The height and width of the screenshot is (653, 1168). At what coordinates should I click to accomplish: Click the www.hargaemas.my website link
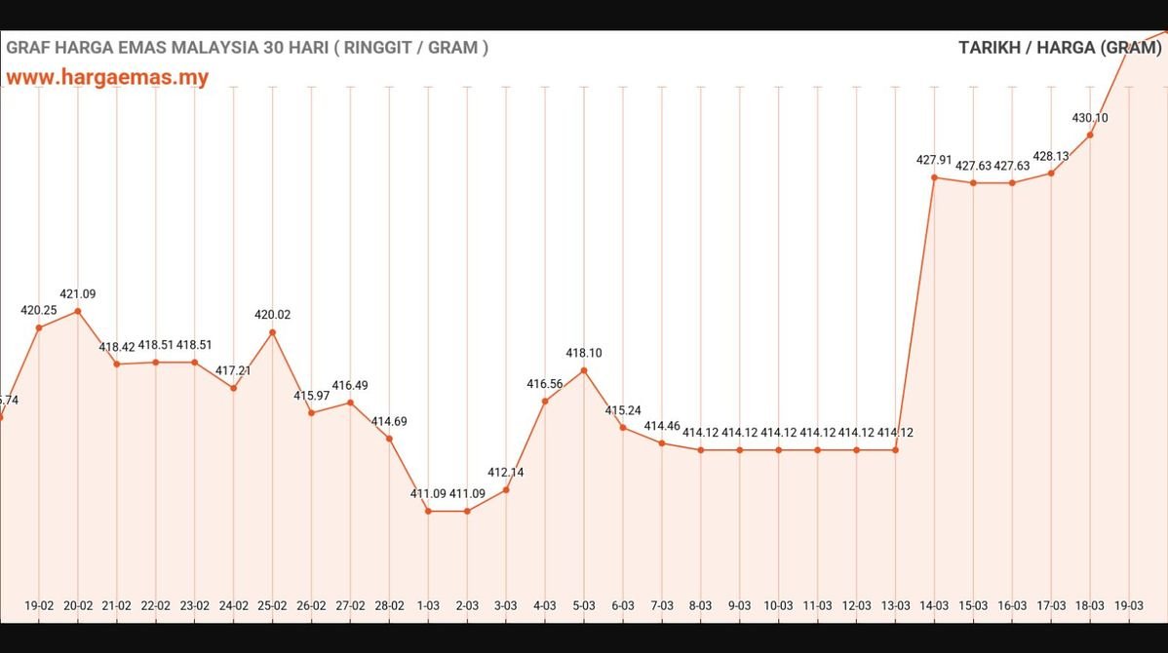107,78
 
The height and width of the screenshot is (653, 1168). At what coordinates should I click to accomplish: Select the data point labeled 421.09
78,311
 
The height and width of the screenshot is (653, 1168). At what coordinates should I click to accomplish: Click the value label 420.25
39,310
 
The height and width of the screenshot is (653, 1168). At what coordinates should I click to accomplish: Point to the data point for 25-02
272,332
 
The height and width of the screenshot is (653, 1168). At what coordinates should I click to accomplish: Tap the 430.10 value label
1090,118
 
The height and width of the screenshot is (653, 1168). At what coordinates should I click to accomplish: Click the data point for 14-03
934,177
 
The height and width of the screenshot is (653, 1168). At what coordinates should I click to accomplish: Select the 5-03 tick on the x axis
584,605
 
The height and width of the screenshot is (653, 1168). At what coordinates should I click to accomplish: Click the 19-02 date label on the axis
39,605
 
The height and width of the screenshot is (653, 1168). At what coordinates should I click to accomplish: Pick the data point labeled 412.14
506,489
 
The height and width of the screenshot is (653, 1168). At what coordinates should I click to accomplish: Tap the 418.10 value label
584,353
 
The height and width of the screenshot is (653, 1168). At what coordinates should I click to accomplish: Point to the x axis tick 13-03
895,605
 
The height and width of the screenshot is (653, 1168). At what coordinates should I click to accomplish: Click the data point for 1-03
428,511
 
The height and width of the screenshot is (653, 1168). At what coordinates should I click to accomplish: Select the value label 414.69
389,421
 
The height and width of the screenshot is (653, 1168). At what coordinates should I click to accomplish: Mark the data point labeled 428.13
1051,173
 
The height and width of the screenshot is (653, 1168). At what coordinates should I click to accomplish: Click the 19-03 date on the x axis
1129,605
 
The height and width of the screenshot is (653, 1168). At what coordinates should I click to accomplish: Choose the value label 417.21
233,370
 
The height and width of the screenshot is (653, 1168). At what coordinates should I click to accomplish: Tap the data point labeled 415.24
623,427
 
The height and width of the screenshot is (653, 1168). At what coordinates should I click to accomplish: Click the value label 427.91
934,161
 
